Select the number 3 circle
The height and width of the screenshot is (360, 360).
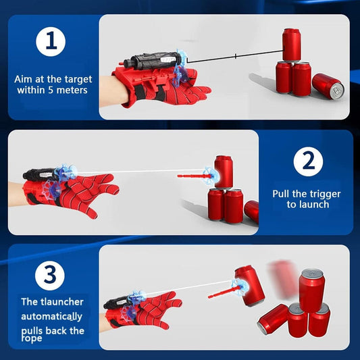click(x=51, y=275)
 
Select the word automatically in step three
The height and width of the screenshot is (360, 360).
click(x=52, y=316)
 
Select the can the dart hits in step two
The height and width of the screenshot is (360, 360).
click(x=224, y=172)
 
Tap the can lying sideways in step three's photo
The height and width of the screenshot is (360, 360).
click(x=272, y=319)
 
